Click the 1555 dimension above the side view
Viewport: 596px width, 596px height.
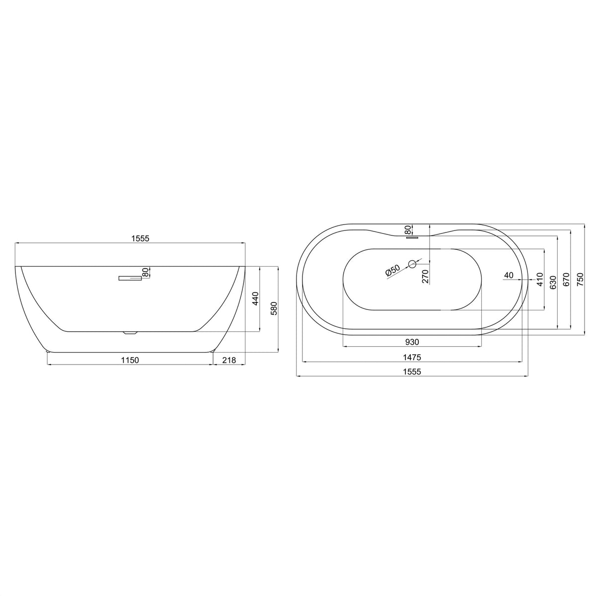tap(140, 238)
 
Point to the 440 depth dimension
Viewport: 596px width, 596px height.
tap(255, 299)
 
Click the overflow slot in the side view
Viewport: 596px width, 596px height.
tap(130, 278)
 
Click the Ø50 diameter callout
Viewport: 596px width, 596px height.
tap(392, 271)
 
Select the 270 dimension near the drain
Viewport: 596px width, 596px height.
tap(425, 276)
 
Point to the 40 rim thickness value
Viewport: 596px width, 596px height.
tap(508, 275)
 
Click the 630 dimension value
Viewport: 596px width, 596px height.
tap(552, 282)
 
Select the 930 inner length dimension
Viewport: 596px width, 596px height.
tap(412, 342)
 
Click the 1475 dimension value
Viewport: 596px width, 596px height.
tap(412, 357)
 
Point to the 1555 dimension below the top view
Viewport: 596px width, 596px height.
tap(412, 372)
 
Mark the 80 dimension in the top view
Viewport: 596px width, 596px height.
tap(408, 229)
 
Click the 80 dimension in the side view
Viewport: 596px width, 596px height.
tap(145, 272)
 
